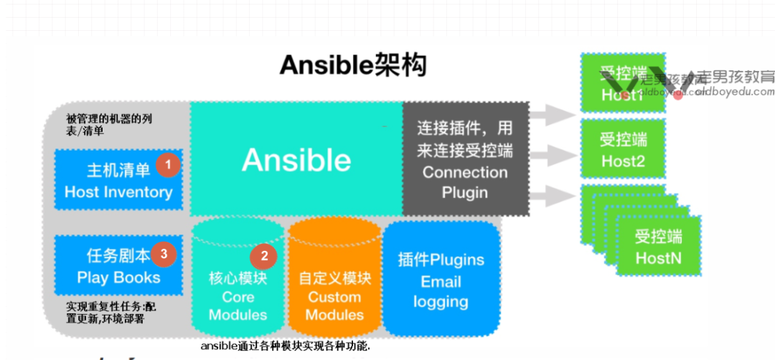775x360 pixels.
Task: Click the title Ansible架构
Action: click(x=352, y=65)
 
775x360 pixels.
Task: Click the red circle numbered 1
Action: click(x=168, y=165)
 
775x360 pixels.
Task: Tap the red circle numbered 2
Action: click(x=263, y=255)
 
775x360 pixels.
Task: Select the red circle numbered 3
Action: click(x=164, y=253)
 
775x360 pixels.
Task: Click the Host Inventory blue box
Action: click(x=118, y=180)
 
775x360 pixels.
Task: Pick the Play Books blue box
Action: click(x=118, y=265)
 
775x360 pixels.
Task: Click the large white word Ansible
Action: click(x=296, y=159)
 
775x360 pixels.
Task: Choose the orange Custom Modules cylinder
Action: click(x=334, y=287)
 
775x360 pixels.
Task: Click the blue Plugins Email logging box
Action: click(x=441, y=280)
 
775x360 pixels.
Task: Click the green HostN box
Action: click(x=657, y=247)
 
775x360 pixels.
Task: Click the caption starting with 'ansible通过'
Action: click(x=285, y=346)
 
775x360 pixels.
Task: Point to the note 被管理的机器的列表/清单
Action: click(x=109, y=124)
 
